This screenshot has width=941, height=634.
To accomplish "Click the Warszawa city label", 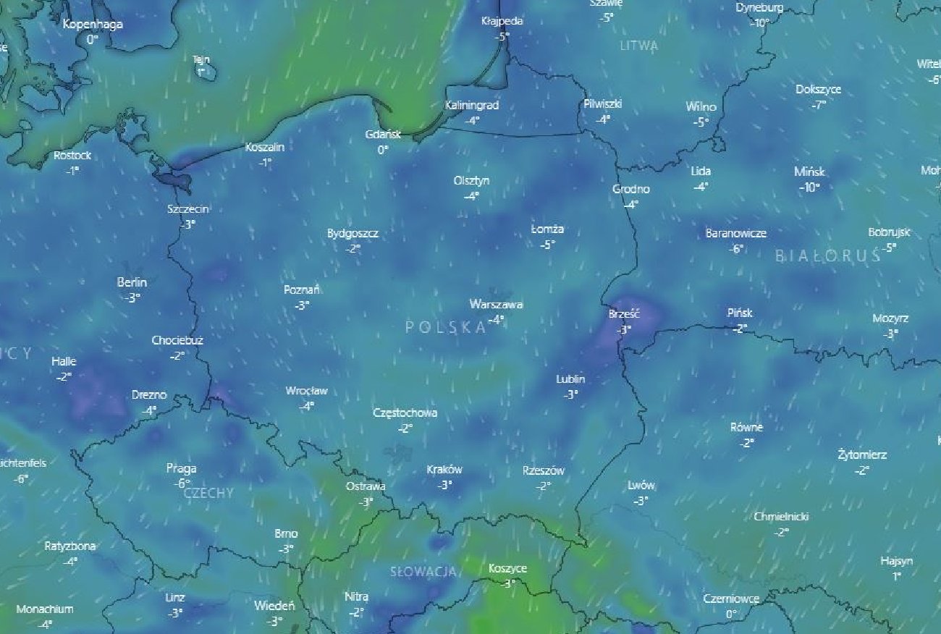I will [x=496, y=305].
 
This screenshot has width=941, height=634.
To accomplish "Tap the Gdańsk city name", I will [x=382, y=135].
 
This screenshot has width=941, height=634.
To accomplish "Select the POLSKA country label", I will [x=446, y=327].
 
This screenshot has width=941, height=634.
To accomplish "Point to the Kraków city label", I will [x=444, y=470].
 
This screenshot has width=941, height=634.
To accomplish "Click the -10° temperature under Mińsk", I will [x=809, y=187].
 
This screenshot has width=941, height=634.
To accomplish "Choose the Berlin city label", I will [x=132, y=282].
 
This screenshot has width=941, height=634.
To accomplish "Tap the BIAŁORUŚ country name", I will [x=827, y=255].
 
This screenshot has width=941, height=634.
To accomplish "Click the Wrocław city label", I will [x=306, y=391].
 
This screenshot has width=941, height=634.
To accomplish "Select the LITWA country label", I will [x=639, y=46].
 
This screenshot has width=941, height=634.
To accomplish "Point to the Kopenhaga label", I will [x=93, y=25].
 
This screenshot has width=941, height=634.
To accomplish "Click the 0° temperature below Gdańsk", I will [x=382, y=150].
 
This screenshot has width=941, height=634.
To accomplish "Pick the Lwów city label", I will [x=641, y=486].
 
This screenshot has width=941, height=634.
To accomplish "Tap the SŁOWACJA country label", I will [x=423, y=572].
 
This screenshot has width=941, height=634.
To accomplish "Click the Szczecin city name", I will [x=187, y=209].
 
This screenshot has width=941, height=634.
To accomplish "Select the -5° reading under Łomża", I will [x=547, y=245].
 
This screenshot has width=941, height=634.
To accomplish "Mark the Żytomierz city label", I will [x=861, y=455].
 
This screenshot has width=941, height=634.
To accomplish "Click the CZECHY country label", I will [x=208, y=493].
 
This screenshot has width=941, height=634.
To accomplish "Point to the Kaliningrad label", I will [x=472, y=106].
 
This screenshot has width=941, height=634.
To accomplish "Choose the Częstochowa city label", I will [x=405, y=413].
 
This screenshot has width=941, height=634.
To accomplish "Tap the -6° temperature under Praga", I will [x=181, y=483].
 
